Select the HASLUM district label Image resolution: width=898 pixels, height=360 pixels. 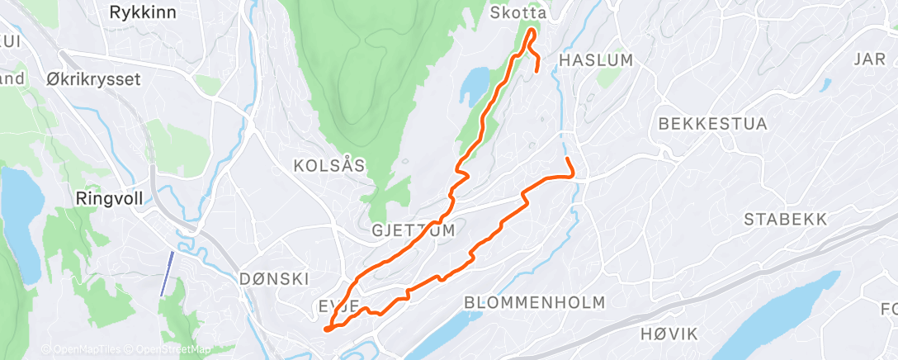[596, 59]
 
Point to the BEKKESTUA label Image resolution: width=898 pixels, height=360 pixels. [713, 124]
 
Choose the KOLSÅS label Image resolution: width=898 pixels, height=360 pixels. [329, 166]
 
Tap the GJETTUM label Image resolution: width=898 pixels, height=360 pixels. [414, 230]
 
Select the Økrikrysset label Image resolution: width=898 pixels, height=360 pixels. [94, 80]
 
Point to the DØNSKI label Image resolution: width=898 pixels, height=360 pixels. [272, 278]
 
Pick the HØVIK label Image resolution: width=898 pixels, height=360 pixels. [669, 334]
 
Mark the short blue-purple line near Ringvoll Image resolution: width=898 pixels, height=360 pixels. [166, 272]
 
